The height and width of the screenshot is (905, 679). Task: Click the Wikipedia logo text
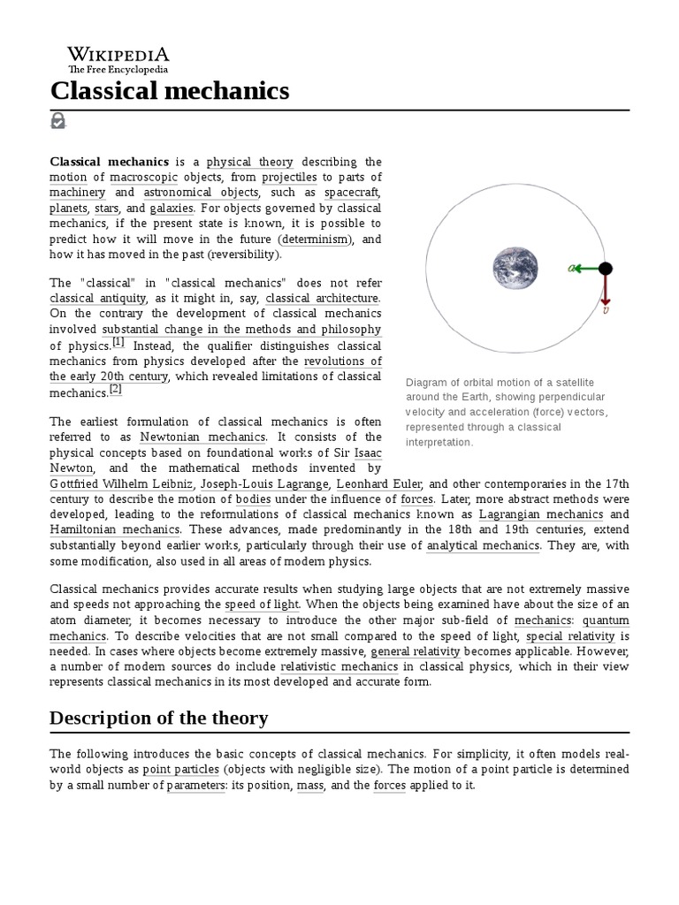(x=118, y=55)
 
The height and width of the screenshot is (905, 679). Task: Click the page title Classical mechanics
(x=169, y=90)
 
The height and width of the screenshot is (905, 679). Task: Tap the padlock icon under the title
(x=58, y=121)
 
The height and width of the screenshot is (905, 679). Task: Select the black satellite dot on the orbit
(x=605, y=268)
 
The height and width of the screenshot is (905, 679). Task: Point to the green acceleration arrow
(x=585, y=268)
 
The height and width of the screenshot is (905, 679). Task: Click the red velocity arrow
(x=606, y=290)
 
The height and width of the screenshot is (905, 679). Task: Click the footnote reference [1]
(x=118, y=343)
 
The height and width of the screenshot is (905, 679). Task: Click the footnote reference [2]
(x=116, y=389)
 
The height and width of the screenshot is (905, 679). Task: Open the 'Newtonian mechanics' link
(x=215, y=437)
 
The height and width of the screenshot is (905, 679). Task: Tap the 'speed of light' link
(x=263, y=605)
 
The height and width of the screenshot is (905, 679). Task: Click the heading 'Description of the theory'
(x=159, y=719)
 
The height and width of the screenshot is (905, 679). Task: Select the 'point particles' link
(x=180, y=769)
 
